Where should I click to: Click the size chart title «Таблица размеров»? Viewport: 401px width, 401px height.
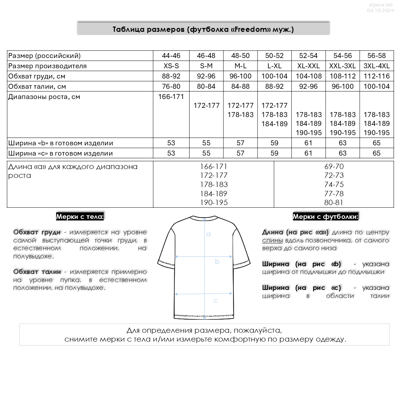tap(203, 29)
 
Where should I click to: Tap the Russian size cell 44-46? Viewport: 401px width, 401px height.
tap(171, 56)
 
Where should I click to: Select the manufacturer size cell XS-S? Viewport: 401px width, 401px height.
tap(171, 66)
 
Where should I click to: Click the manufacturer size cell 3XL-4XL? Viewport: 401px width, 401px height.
tap(377, 66)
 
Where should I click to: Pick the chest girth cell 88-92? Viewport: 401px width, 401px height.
tap(171, 76)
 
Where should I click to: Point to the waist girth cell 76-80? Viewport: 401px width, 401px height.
tap(171, 86)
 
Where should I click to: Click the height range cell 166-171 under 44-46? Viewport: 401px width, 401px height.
tap(171, 97)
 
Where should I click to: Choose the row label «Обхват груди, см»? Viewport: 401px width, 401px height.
tap(37, 76)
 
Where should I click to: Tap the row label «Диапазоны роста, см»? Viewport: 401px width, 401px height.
tap(44, 97)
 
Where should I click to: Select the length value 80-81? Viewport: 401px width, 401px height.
tap(334, 203)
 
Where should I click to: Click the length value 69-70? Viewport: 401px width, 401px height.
tap(334, 166)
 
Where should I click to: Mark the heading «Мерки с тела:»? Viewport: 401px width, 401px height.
tap(80, 217)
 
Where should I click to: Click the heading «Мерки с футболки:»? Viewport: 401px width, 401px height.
tap(325, 217)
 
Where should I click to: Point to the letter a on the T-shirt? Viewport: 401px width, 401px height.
tap(208, 234)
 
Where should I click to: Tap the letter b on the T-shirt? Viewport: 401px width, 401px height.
tap(217, 262)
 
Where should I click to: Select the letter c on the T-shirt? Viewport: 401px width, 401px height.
tap(216, 301)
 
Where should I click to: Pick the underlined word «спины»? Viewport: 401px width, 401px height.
tap(272, 240)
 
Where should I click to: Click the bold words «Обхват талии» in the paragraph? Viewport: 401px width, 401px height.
tap(37, 272)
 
